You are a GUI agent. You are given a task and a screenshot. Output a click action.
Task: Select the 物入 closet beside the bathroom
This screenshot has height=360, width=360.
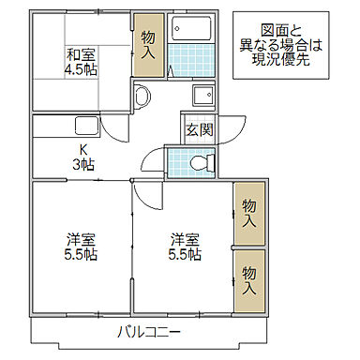point(148,43)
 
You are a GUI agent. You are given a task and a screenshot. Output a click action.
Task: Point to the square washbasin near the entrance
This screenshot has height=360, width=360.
point(202,97)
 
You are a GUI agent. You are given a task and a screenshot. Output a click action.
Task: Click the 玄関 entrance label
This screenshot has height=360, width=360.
point(197,129)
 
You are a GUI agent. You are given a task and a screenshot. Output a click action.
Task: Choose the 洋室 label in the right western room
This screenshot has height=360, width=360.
point(184,237)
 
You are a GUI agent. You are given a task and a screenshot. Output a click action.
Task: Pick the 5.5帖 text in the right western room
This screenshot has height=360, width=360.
point(184,254)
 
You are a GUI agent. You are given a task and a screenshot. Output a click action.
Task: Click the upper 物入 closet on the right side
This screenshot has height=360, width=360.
point(248,215)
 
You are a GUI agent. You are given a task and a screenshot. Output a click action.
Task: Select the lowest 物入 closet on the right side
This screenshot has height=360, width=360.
point(248,279)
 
